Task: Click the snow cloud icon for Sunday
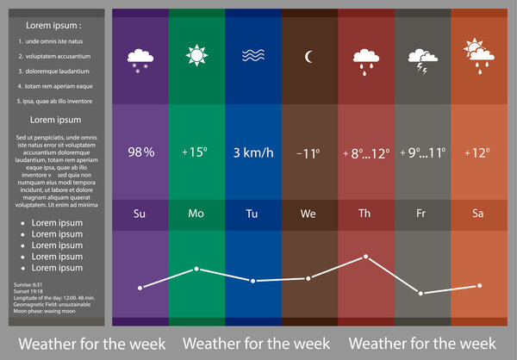(140, 59)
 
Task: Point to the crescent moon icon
(308, 58)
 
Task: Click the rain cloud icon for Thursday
(365, 60)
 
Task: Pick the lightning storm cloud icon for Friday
(421, 59)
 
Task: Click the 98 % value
(140, 152)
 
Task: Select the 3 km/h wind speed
(252, 152)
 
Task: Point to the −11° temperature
(308, 153)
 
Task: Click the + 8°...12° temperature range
(365, 153)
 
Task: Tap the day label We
(308, 213)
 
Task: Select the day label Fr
(421, 213)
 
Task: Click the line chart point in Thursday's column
(365, 257)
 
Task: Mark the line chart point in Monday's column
(196, 270)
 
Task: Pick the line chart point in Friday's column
(421, 294)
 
